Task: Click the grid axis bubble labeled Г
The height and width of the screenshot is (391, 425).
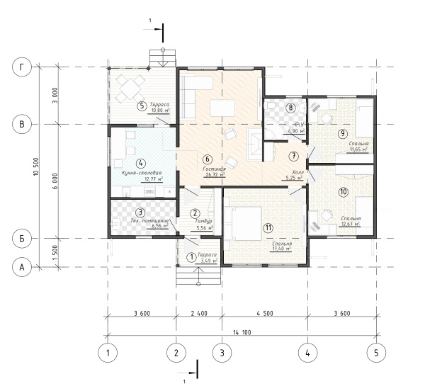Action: [24, 68]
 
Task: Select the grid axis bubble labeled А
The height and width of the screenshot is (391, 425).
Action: [24, 266]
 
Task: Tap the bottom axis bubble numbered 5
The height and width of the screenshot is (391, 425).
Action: [375, 351]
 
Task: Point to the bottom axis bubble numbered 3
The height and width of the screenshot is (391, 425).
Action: [222, 351]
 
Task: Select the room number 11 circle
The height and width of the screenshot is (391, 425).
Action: [268, 228]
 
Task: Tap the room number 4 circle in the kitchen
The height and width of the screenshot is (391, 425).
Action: [141, 163]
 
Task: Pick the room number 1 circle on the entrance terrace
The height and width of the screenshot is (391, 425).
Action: [191, 257]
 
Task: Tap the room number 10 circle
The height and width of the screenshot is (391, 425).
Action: [343, 192]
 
